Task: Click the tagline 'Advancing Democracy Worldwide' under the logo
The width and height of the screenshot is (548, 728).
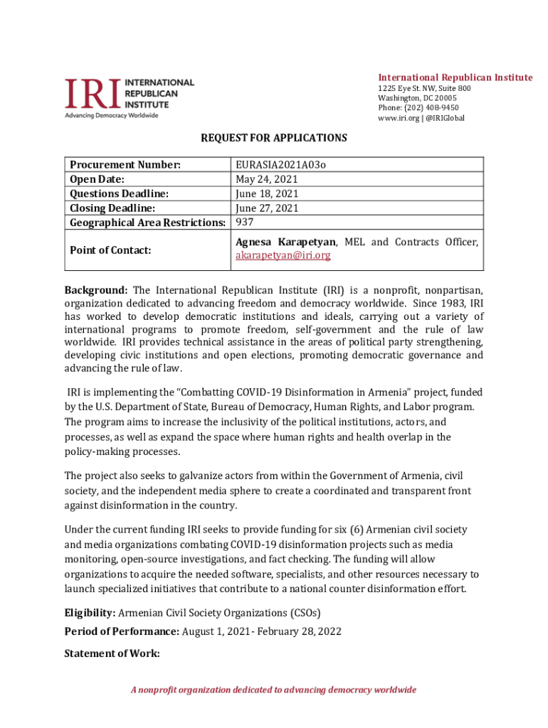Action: [112, 115]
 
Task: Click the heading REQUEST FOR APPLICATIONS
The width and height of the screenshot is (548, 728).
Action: [273, 138]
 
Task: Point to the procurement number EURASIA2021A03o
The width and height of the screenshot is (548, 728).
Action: [280, 165]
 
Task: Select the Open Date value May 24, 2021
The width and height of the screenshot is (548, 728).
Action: [267, 179]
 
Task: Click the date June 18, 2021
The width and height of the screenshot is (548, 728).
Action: [267, 193]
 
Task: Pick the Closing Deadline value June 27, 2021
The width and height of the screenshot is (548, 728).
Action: [267, 208]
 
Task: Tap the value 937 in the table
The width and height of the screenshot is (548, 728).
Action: [246, 223]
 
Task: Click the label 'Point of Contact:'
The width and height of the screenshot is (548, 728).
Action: [110, 250]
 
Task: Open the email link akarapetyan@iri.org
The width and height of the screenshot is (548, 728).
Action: [283, 255]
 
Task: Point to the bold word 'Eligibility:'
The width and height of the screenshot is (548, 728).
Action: [90, 613]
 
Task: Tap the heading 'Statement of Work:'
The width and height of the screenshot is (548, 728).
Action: [112, 653]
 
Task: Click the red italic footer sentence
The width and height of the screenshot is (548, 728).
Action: [273, 690]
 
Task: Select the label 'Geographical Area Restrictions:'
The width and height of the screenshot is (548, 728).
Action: [147, 223]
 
